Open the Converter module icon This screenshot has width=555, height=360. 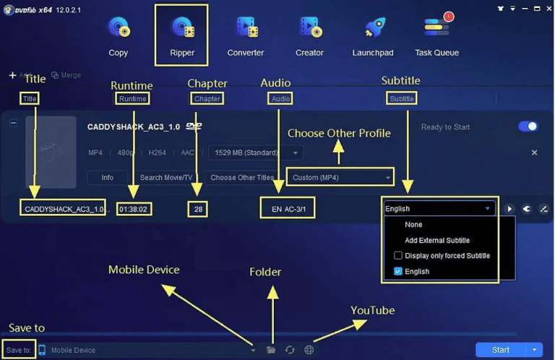point(246,28)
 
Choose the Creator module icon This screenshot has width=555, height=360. point(309,28)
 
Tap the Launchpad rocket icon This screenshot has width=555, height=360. point(374,28)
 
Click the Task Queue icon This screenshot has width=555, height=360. point(436,27)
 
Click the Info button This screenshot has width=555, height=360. point(107,177)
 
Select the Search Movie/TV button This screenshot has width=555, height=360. point(166,177)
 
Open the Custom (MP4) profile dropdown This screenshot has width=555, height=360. point(340,177)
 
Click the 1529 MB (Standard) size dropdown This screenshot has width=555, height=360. point(255,153)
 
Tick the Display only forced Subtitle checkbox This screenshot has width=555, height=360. point(398,256)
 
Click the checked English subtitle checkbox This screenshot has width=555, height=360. point(398,272)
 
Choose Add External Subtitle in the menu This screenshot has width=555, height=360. point(436,240)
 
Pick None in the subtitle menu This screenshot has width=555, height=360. point(413,225)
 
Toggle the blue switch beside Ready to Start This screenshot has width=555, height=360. point(528,127)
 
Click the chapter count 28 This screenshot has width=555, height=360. point(197,209)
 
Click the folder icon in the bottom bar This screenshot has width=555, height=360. point(271,350)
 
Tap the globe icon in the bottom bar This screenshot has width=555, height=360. point(309,350)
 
